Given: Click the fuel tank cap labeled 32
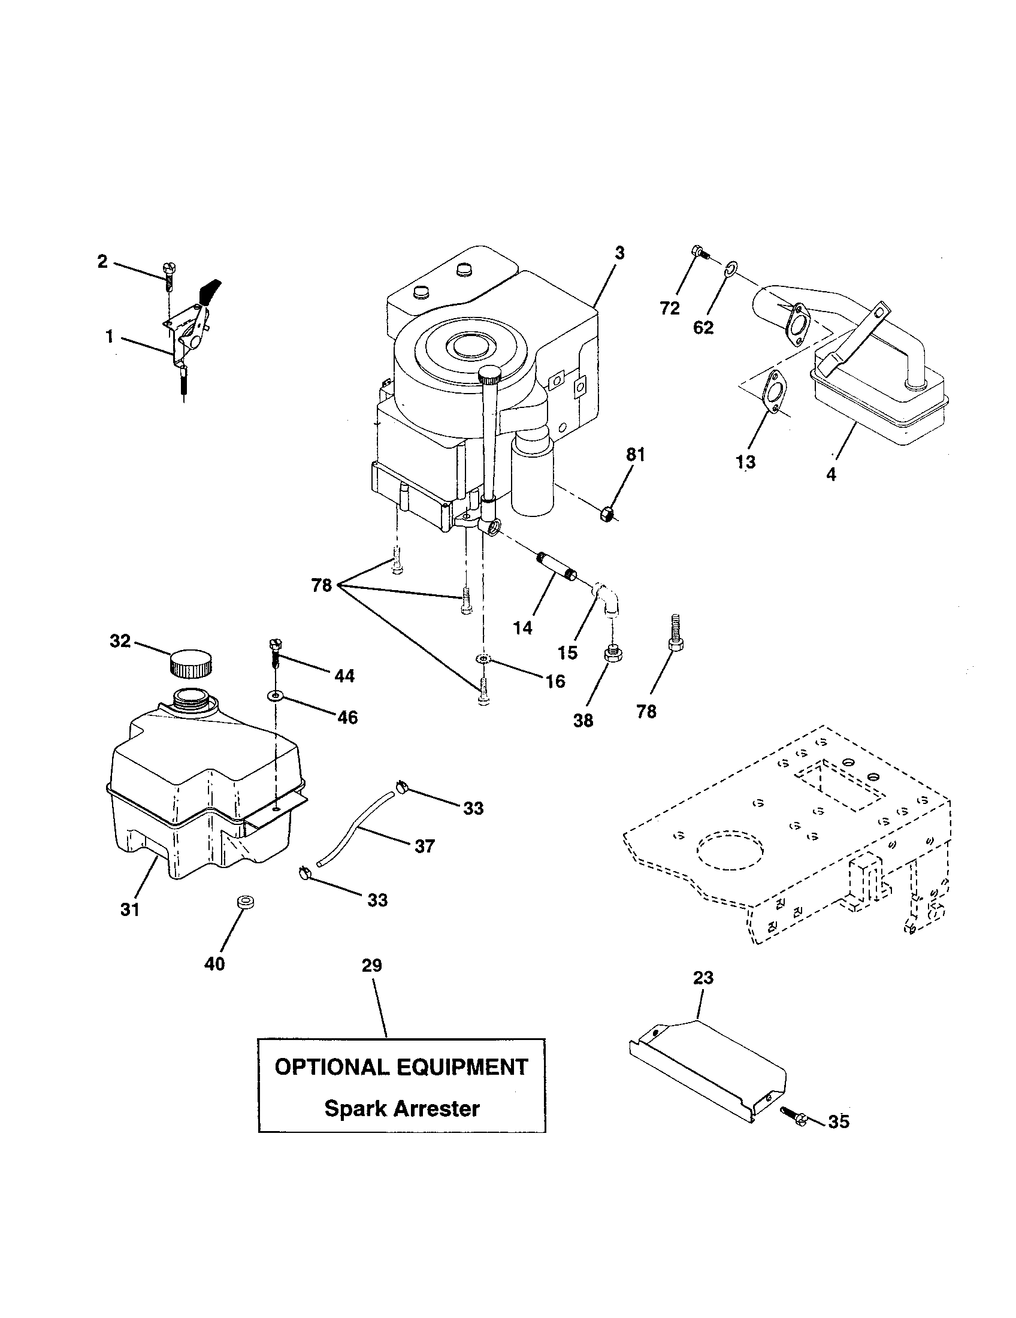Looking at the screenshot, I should pyautogui.click(x=190, y=663).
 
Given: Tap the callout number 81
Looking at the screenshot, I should pyautogui.click(x=636, y=455).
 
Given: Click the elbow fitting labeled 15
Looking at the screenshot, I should pyautogui.click(x=604, y=598).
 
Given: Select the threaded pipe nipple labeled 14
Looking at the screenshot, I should pyautogui.click(x=557, y=566).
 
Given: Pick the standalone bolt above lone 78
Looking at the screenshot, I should pyautogui.click(x=674, y=633).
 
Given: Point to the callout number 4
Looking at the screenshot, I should pyautogui.click(x=831, y=474).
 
